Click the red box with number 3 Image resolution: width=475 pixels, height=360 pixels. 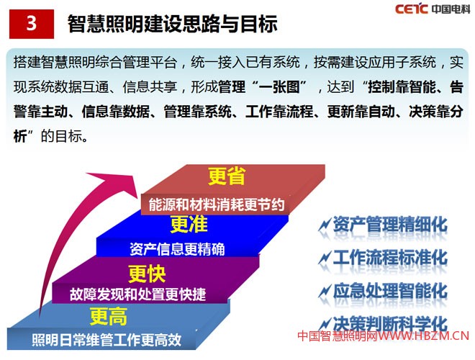click(x=31, y=23)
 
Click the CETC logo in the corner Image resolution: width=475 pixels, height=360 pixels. click(x=412, y=9)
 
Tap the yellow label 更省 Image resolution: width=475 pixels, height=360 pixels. click(x=227, y=177)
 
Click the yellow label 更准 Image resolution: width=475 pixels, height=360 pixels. click(x=189, y=225)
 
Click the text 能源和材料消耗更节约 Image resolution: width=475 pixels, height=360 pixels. click(x=217, y=204)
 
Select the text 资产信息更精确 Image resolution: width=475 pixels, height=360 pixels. click(x=178, y=249)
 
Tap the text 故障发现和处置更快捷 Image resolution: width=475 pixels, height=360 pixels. click(x=138, y=294)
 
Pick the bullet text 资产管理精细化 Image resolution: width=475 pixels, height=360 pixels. click(x=389, y=225)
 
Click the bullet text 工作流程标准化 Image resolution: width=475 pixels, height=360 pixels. click(x=389, y=258)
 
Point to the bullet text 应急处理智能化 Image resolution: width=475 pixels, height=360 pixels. click(x=389, y=291)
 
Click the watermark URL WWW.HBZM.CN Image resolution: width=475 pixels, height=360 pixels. click(x=425, y=336)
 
